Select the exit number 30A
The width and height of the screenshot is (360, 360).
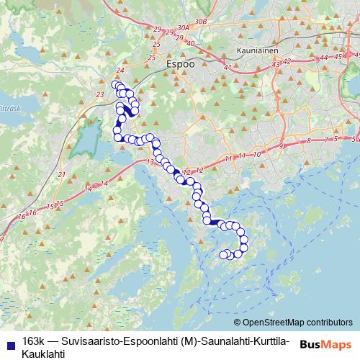tap(183, 27)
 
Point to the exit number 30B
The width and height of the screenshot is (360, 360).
tap(201, 22)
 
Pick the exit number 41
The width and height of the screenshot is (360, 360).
tap(228, 68)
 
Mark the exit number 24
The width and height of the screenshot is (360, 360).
tap(120, 70)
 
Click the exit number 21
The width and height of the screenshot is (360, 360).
tap(62, 174)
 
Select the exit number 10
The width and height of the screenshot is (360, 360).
tap(256, 154)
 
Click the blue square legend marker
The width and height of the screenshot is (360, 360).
tap(9, 341)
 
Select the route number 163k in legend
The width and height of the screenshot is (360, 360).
tap(32, 341)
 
